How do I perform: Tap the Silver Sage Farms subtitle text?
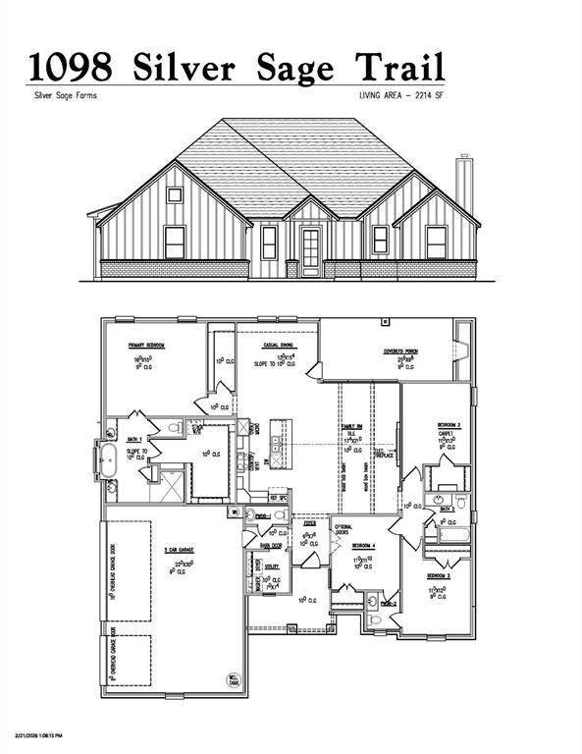(x=64, y=95)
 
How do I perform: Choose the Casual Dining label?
(x=281, y=346)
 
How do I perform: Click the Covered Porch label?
(x=400, y=350)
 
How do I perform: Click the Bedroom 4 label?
(x=362, y=545)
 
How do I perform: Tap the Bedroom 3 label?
(x=439, y=575)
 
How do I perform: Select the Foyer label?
(x=309, y=524)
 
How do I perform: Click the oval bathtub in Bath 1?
(x=107, y=458)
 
